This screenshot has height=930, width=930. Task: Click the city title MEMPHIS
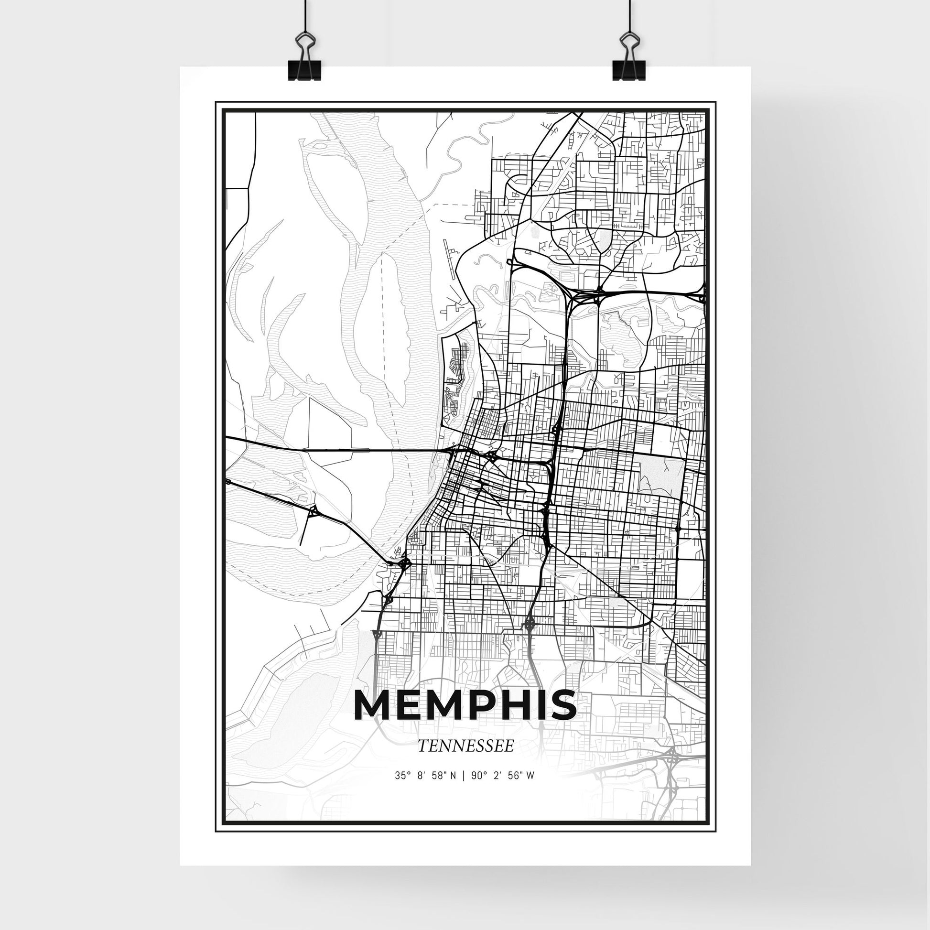[465, 706]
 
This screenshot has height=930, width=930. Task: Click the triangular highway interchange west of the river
[314, 511]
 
